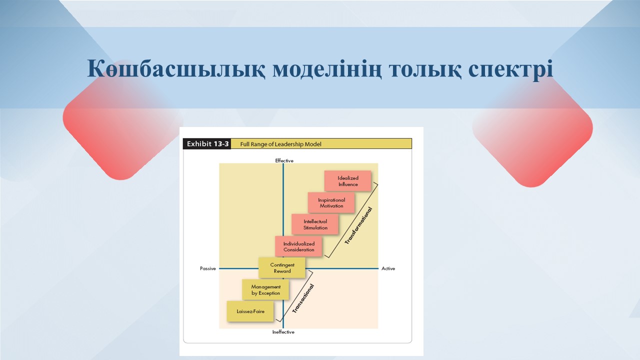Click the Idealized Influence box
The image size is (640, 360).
(x=347, y=181)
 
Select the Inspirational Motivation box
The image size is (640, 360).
(x=331, y=202)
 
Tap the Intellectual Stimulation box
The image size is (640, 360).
(x=315, y=224)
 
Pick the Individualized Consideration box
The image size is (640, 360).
(x=298, y=246)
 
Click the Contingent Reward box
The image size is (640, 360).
(x=282, y=267)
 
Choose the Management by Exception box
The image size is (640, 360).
(x=265, y=289)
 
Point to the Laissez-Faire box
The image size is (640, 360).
(x=250, y=311)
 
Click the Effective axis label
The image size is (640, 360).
(x=284, y=160)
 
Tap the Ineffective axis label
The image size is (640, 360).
(x=283, y=332)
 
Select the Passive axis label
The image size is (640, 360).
(x=207, y=268)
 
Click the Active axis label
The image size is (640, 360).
(x=388, y=268)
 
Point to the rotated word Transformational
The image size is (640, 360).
(x=358, y=225)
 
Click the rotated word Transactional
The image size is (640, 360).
(x=303, y=298)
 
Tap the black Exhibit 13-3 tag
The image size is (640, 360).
(x=207, y=143)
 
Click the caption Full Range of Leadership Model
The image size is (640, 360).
(x=280, y=144)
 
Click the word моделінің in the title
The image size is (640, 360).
(x=327, y=69)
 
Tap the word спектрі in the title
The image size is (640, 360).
(x=510, y=69)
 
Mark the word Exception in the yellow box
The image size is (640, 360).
(x=269, y=293)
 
